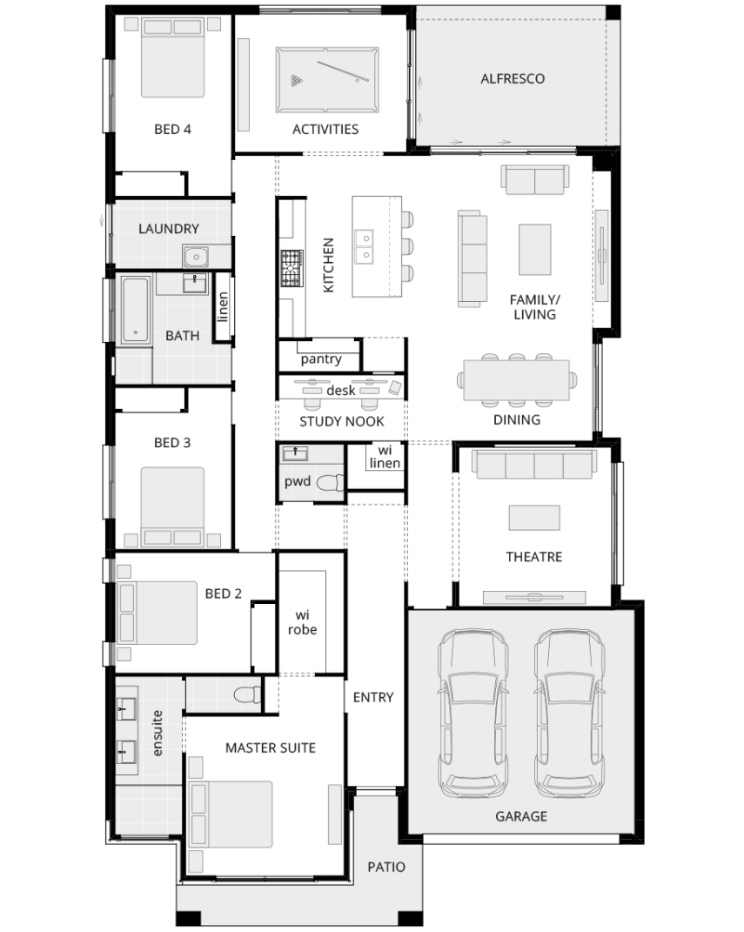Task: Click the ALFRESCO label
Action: pyautogui.click(x=513, y=78)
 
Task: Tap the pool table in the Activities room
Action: pyautogui.click(x=327, y=80)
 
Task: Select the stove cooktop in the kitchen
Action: pyautogui.click(x=292, y=269)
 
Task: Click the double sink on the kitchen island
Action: pyautogui.click(x=365, y=246)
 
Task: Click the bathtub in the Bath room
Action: pyautogui.click(x=136, y=310)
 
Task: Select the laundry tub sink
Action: pyautogui.click(x=196, y=257)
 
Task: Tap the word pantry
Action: pyautogui.click(x=321, y=359)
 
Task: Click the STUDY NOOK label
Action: pyautogui.click(x=342, y=421)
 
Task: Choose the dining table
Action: pyautogui.click(x=516, y=379)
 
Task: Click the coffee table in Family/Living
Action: pyautogui.click(x=535, y=250)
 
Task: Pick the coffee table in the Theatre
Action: pyautogui.click(x=534, y=517)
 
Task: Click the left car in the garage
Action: pyautogui.click(x=473, y=714)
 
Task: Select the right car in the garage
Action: pyautogui.click(x=570, y=714)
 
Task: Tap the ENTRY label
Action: pyautogui.click(x=373, y=697)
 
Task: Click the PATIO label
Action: pyautogui.click(x=386, y=868)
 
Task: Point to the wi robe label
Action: pyautogui.click(x=303, y=622)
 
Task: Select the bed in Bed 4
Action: pyautogui.click(x=172, y=57)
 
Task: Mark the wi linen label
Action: pyautogui.click(x=385, y=457)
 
